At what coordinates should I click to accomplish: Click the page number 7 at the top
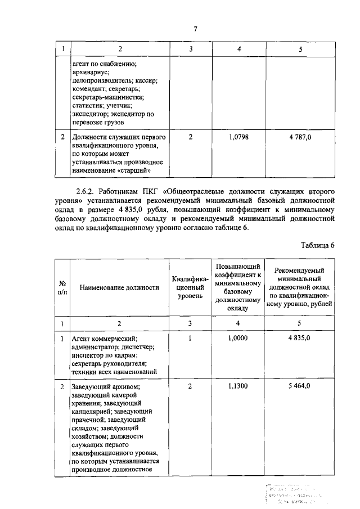(x=195, y=29)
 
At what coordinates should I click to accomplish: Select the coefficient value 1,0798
(x=240, y=137)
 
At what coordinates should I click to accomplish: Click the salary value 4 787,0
(x=300, y=137)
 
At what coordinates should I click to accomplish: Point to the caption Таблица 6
(x=318, y=245)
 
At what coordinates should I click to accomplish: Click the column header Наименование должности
(x=119, y=287)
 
